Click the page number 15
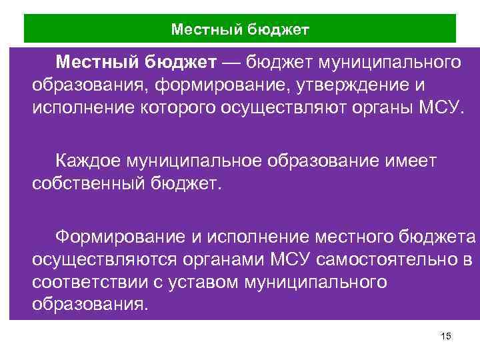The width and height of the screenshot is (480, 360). click(447, 337)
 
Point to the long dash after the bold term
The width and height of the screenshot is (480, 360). click(233, 63)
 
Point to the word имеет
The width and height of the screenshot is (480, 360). click(411, 159)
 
